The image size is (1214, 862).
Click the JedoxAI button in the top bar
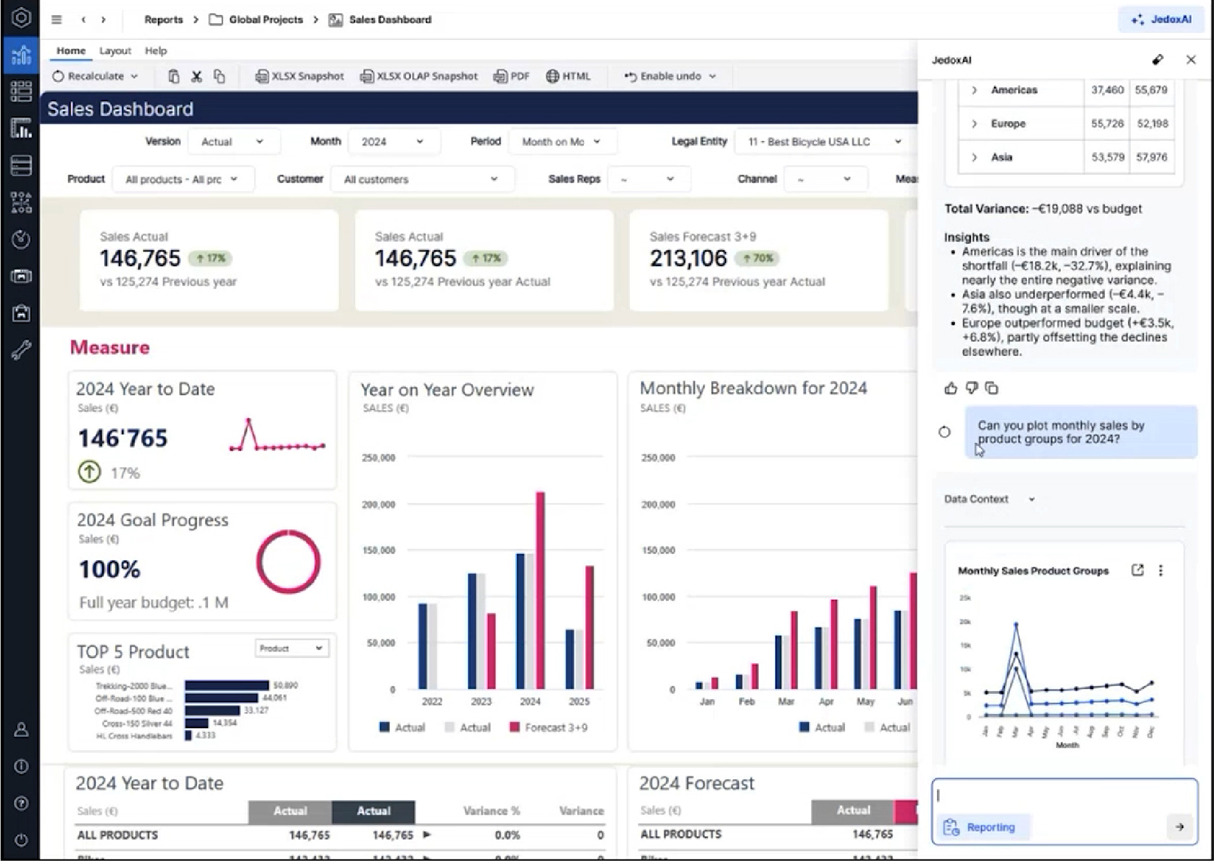tap(1162, 20)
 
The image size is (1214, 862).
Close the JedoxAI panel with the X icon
tap(1191, 60)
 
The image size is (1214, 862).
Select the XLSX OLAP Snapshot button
tap(418, 76)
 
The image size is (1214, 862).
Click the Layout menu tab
tap(115, 51)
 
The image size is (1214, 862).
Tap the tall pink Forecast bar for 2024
tap(540, 590)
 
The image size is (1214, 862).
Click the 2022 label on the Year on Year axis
tap(432, 701)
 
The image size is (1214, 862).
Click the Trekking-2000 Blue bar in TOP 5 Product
tap(226, 686)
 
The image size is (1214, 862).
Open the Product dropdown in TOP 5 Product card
tap(291, 648)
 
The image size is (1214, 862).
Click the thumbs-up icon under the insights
tap(950, 389)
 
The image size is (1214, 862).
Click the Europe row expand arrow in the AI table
tap(974, 124)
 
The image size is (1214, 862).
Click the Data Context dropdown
tap(989, 499)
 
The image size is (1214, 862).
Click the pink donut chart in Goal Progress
tap(288, 562)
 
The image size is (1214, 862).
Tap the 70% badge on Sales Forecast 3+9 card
tap(758, 258)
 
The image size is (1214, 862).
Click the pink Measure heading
tap(110, 348)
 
